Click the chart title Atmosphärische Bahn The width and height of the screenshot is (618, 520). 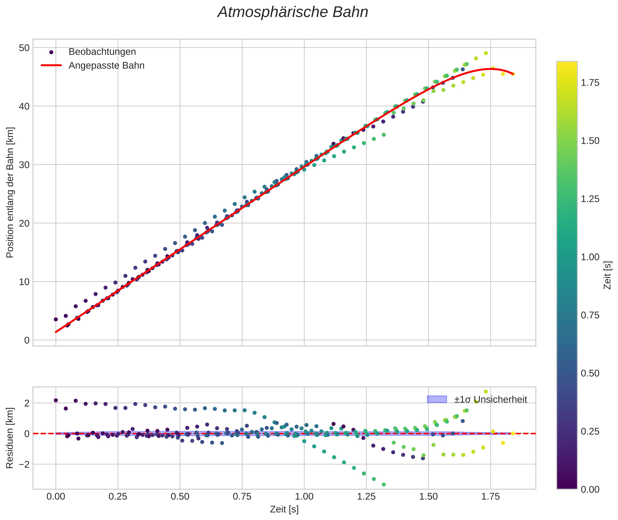pos(293,12)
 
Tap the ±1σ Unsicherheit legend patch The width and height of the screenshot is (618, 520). pos(437,399)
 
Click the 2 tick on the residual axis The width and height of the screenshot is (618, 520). pos(27,403)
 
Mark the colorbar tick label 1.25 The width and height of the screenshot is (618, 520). pos(590,199)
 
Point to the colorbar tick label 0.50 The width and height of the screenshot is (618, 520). pos(590,373)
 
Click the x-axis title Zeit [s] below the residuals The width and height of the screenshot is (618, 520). pos(284,509)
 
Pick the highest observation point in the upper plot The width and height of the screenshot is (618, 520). pos(486,53)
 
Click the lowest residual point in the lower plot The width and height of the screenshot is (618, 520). pos(384,485)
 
